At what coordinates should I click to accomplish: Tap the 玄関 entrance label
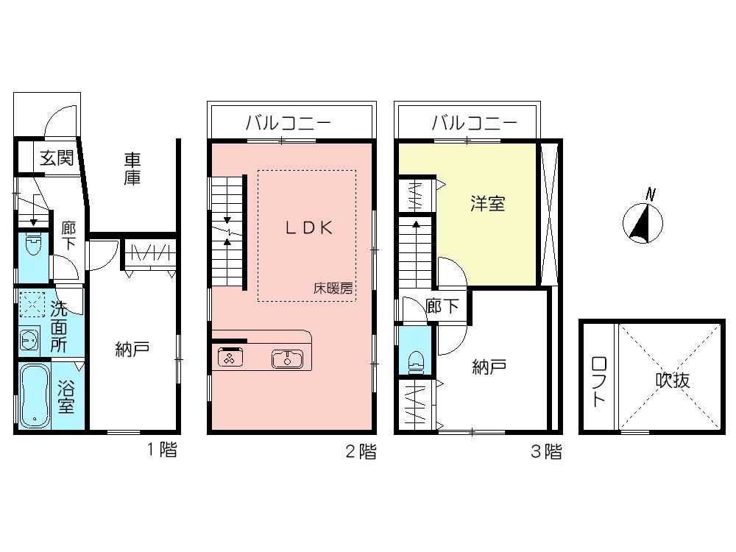pos(56,158)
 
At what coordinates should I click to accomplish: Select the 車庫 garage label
pos(132,168)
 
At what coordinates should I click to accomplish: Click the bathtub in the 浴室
pos(33,395)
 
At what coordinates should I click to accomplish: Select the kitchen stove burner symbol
pos(229,359)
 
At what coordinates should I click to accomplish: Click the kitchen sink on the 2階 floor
pos(287,359)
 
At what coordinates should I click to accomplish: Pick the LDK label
pos(309,228)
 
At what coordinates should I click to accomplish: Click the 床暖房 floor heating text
pos(333,289)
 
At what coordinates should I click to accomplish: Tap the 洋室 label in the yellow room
pos(488,204)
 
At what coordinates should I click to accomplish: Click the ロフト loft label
pos(598,381)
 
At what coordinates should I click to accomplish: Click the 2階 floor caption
pos(361,452)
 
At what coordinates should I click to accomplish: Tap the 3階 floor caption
pos(546,452)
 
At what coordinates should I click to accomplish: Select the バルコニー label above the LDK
pos(289,123)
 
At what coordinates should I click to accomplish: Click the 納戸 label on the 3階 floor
pos(489,367)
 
